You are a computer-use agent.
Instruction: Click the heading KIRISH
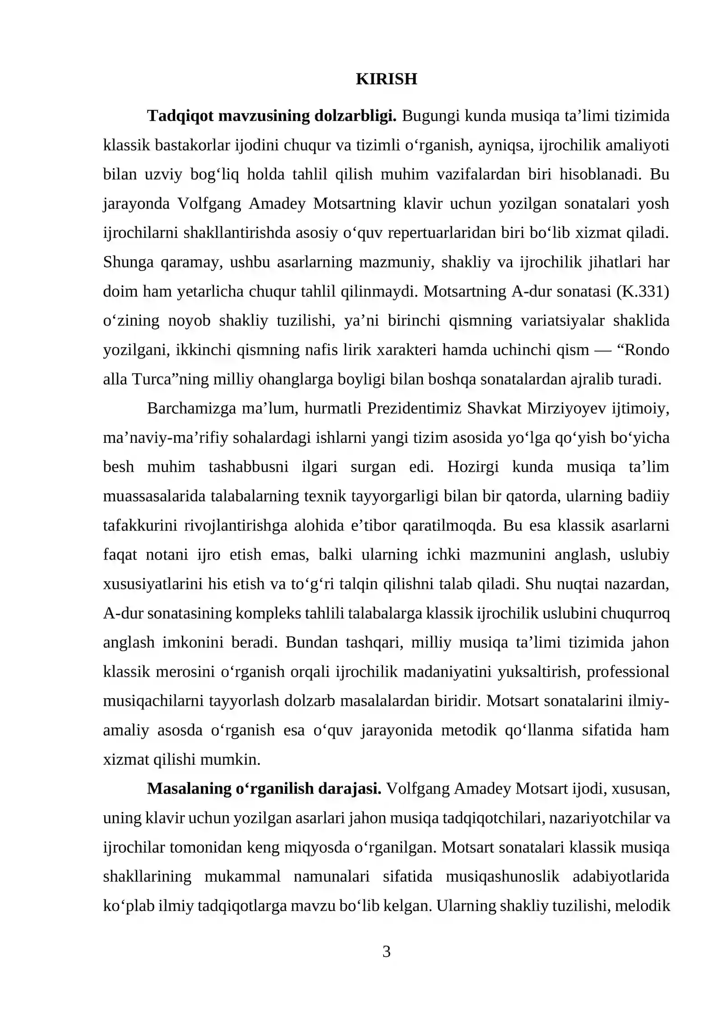tap(386, 79)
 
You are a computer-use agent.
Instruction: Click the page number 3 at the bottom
tap(386, 951)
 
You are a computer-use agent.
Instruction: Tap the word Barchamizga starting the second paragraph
tap(191, 409)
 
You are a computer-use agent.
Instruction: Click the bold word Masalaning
tap(188, 789)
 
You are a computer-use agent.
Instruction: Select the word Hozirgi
tap(472, 467)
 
